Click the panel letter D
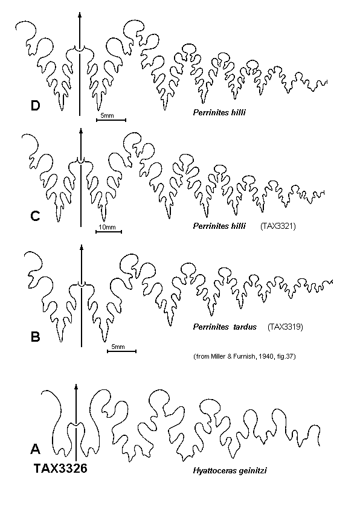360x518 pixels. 35,106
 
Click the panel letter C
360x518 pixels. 35,216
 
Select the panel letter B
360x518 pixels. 35,337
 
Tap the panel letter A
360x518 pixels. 36,449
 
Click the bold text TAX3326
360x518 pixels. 60,468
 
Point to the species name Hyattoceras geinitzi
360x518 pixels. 230,470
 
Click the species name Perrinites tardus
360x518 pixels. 225,327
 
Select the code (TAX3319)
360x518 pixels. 285,327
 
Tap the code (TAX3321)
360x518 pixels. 278,226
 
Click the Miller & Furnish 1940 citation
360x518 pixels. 244,356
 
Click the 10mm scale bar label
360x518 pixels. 108,227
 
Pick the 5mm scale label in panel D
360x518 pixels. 107,116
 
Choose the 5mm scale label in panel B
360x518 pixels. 118,347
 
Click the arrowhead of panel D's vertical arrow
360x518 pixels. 80,14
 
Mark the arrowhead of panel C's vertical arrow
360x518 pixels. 81,130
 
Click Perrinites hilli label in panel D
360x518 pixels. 219,113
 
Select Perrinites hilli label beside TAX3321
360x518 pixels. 219,226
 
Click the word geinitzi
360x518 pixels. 253,471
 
